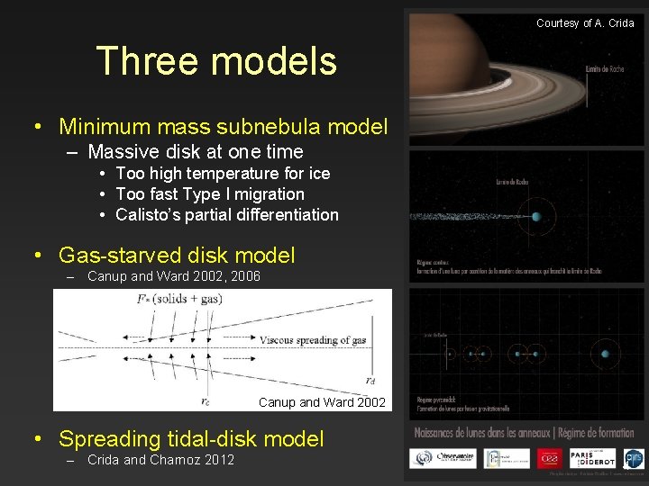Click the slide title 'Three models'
click(216, 61)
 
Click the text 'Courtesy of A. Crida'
click(585, 22)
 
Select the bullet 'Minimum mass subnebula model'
click(223, 127)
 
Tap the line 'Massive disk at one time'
click(196, 151)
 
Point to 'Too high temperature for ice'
click(223, 173)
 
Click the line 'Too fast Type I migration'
click(210, 193)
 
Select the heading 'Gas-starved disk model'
click(177, 256)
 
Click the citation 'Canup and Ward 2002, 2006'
click(174, 276)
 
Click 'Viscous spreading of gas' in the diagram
click(313, 340)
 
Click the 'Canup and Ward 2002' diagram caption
click(322, 402)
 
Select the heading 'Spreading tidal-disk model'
click(191, 439)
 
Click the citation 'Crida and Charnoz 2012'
click(160, 460)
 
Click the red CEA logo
click(549, 457)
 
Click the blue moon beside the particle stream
click(537, 217)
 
